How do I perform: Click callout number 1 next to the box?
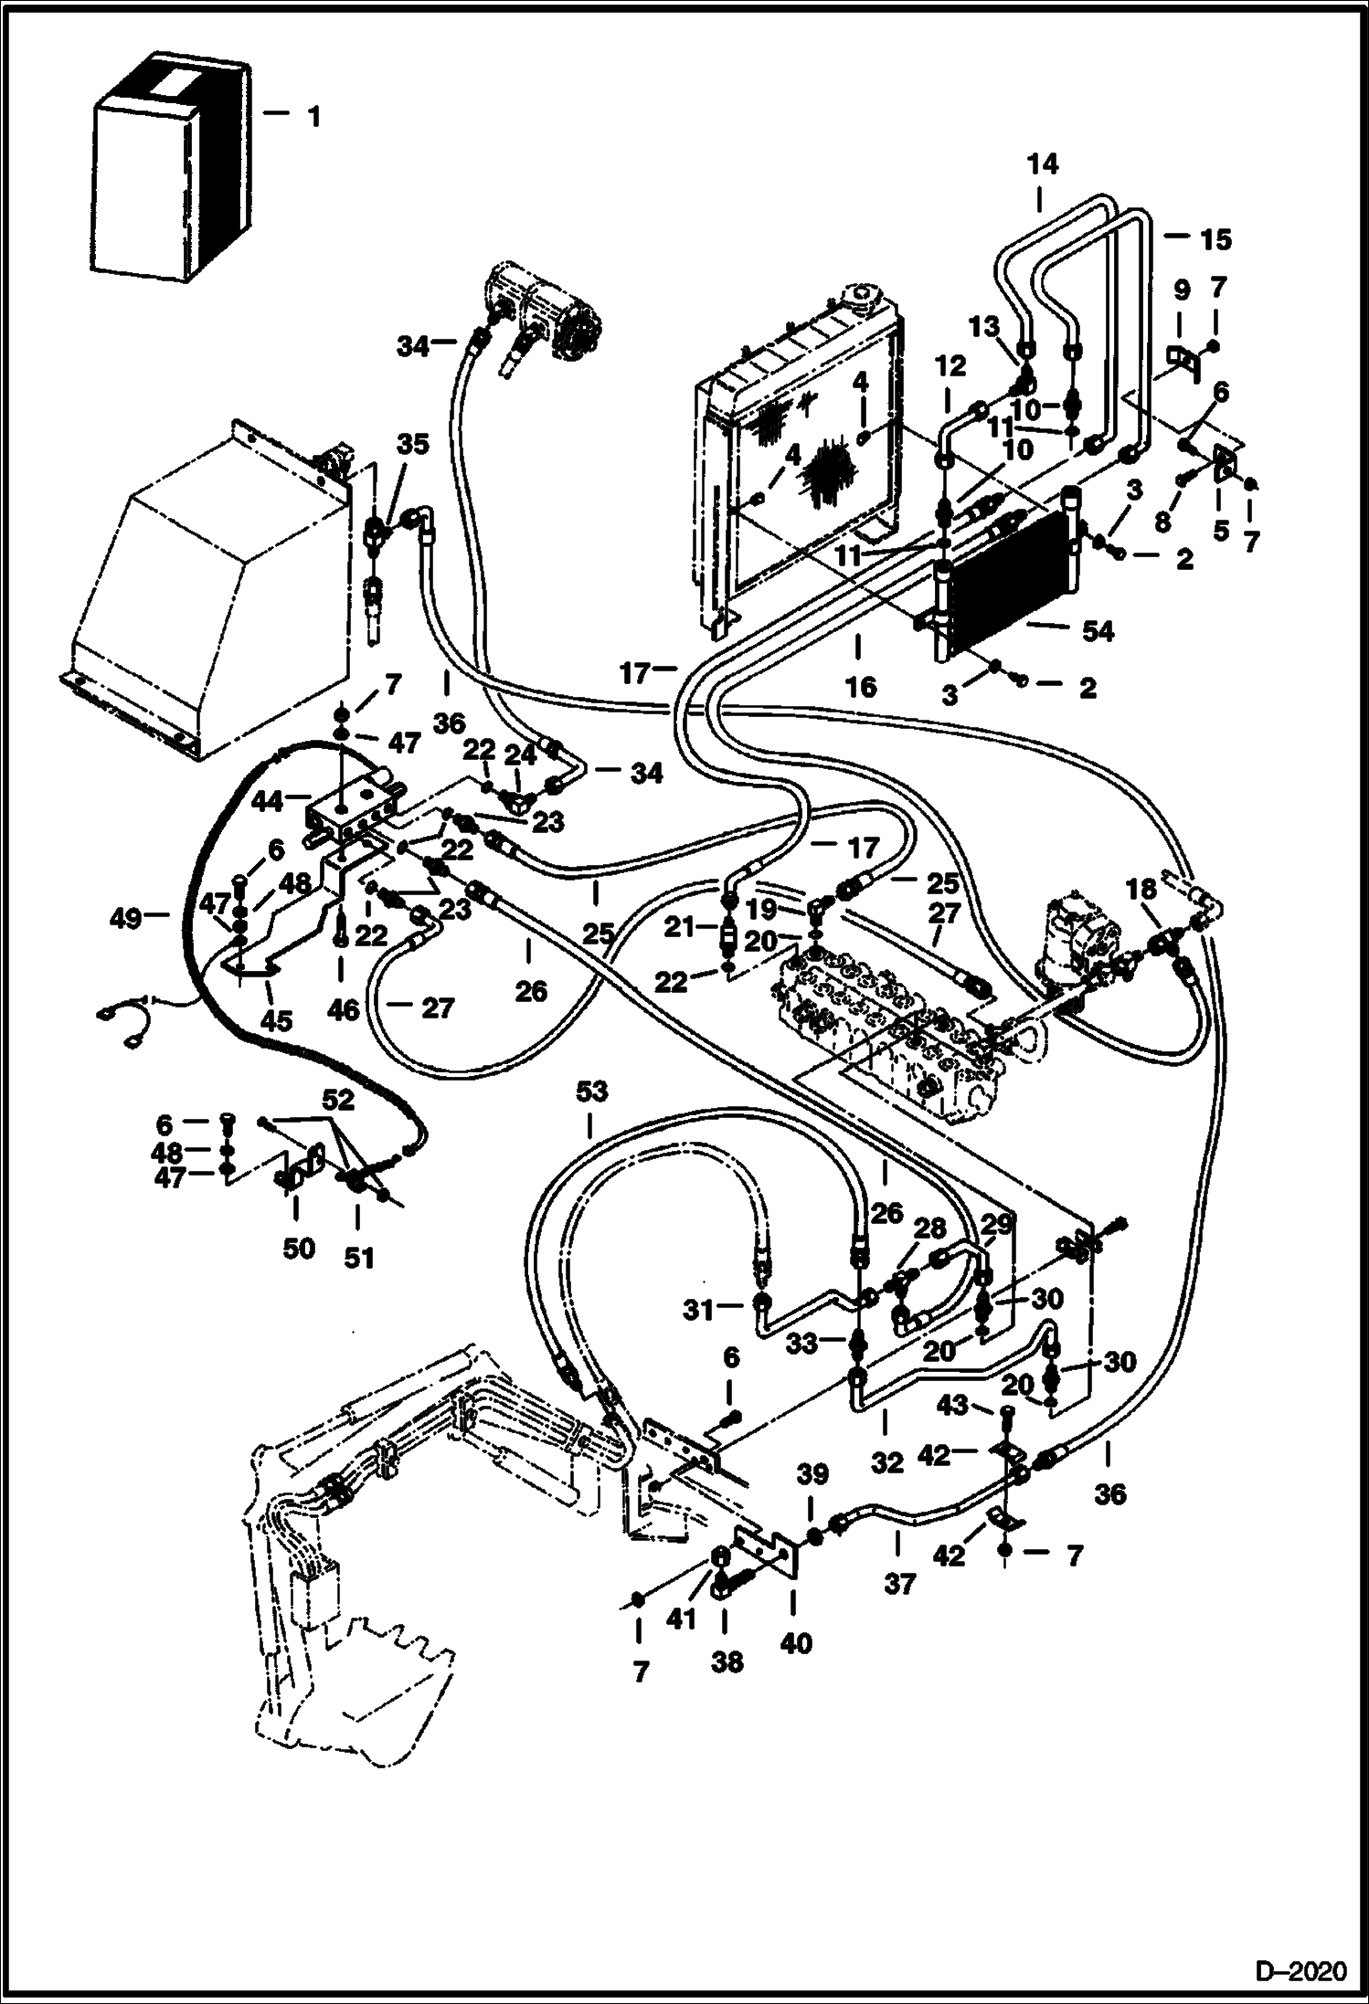tap(313, 117)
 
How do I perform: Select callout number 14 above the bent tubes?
tap(1042, 164)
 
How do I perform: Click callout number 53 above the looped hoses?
tap(592, 1092)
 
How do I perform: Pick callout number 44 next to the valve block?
tap(269, 801)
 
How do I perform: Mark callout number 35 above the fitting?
tap(413, 446)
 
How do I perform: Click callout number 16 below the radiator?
tap(861, 686)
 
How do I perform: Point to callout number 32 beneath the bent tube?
tap(887, 1462)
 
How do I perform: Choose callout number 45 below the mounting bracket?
tap(277, 1019)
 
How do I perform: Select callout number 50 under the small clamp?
tap(298, 1249)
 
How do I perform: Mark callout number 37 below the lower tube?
tap(900, 1582)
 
